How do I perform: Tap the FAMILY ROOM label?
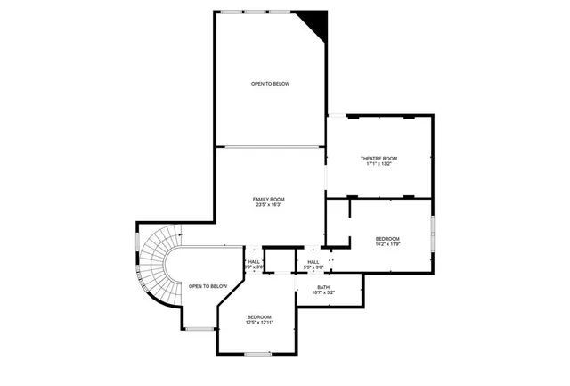pos(268,199)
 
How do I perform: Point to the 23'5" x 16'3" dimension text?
pos(268,205)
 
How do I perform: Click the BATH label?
pos(323,287)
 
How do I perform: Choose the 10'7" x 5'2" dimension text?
pos(323,293)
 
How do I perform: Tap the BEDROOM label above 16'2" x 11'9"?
pos(387,238)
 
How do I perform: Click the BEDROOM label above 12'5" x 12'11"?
pos(259,317)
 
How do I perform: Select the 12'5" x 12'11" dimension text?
pos(259,323)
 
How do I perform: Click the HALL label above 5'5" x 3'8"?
pos(313,261)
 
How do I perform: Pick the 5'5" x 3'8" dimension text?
pos(313,267)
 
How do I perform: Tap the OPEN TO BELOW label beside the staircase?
pos(208,286)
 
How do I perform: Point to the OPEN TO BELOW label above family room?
pos(270,84)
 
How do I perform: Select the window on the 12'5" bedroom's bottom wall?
pos(257,355)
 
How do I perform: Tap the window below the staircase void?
pos(201,329)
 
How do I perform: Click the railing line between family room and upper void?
pos(270,146)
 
